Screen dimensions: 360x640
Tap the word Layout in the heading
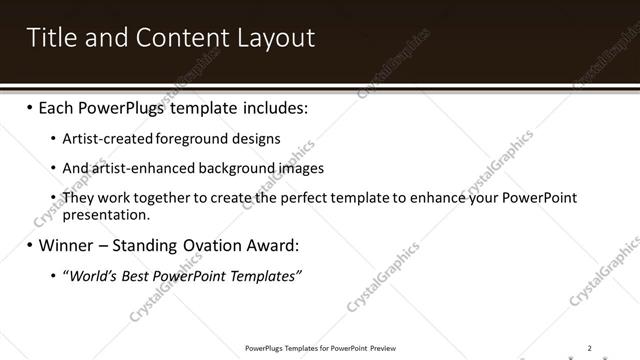point(276,38)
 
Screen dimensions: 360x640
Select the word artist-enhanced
point(137,168)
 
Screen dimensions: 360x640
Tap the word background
point(225,168)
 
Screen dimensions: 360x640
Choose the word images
point(292,168)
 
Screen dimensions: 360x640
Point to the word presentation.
point(105,214)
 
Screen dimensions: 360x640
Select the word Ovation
point(217,245)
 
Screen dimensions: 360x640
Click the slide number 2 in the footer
point(589,348)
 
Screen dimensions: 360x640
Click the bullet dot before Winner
point(29,245)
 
